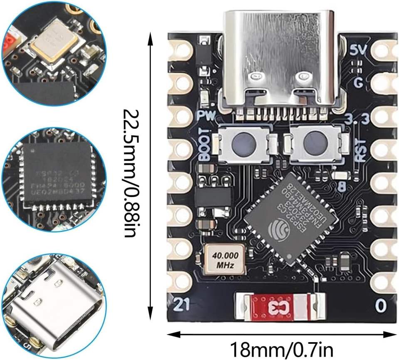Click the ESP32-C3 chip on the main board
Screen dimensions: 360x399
point(291,218)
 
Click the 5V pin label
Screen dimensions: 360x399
point(358,50)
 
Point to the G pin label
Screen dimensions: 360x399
point(358,83)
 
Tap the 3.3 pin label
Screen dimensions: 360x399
point(357,120)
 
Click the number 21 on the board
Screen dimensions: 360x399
point(181,305)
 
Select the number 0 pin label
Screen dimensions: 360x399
point(380,306)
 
